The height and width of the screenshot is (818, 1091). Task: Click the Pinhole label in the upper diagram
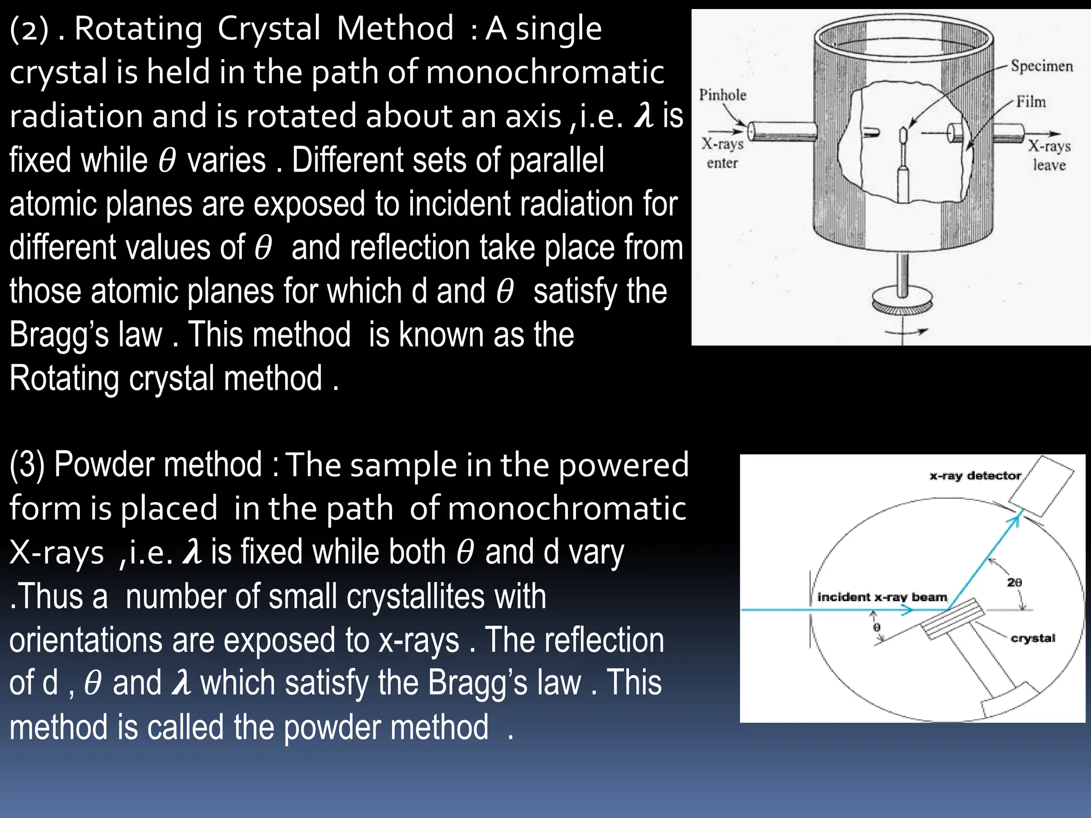[722, 95]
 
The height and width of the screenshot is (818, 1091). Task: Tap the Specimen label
[1041, 66]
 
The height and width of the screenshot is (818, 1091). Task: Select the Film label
[1031, 101]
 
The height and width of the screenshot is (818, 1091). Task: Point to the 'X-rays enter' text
[722, 153]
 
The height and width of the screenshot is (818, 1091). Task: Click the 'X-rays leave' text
[1049, 155]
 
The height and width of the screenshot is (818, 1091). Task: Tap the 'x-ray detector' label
[975, 476]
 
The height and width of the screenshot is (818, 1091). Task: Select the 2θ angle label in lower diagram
[1014, 582]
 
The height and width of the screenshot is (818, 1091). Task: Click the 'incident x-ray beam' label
[882, 597]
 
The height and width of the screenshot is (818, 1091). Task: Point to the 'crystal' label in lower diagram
[1032, 638]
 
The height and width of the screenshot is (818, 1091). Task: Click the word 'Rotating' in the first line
[138, 29]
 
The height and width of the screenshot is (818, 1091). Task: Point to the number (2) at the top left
[29, 29]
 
